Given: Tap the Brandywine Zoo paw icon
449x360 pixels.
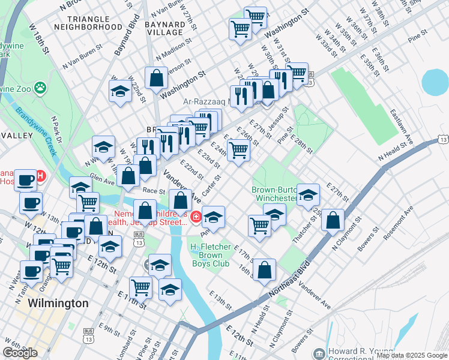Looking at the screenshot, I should click(x=40, y=88).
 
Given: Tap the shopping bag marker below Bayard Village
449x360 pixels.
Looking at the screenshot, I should click(x=156, y=79).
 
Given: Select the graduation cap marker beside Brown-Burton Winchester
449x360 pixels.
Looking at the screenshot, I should click(x=309, y=195).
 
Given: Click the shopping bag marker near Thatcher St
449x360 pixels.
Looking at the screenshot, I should click(x=333, y=220).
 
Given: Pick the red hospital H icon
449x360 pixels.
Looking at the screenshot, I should click(x=41, y=176).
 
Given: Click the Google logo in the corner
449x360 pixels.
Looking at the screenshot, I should click(x=20, y=352).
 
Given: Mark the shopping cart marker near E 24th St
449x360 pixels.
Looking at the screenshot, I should click(x=240, y=150).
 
